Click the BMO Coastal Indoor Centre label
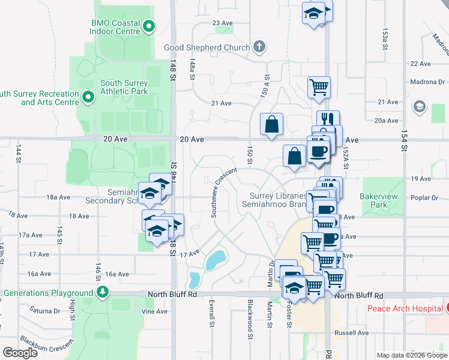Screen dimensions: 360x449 pyautogui.click(x=115, y=26)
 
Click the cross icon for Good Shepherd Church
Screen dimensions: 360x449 pyautogui.click(x=259, y=47)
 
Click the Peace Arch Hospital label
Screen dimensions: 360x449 pyautogui.click(x=405, y=308)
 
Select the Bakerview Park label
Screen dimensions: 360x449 pyautogui.click(x=375, y=200)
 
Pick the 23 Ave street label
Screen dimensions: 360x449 pyautogui.click(x=222, y=23)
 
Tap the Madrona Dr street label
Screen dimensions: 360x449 pyautogui.click(x=427, y=82)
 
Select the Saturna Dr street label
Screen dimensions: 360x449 pyautogui.click(x=45, y=311)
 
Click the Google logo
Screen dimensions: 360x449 pyautogui.click(x=20, y=353)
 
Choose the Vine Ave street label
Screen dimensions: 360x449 pyautogui.click(x=154, y=312)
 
